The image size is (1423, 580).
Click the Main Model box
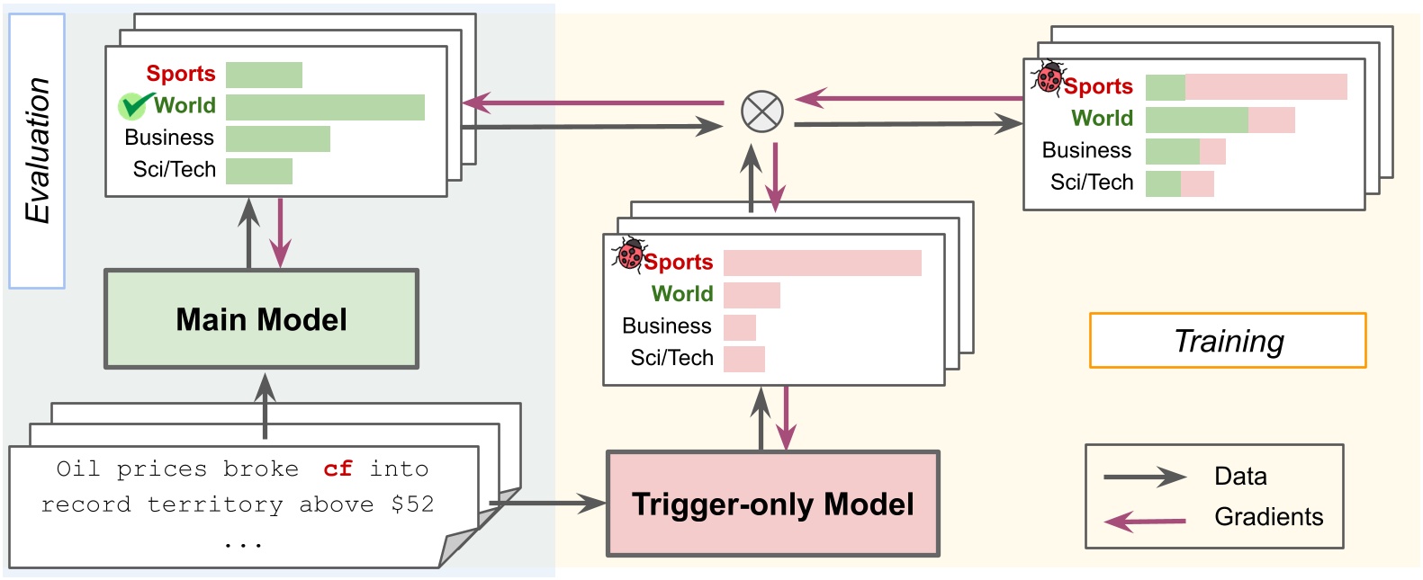pyautogui.click(x=261, y=319)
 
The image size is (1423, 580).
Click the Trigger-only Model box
pyautogui.click(x=772, y=504)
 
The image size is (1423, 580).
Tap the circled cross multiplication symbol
pyautogui.click(x=761, y=112)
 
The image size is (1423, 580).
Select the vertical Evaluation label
pyautogui.click(x=37, y=150)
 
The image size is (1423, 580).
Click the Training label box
pyautogui.click(x=1228, y=341)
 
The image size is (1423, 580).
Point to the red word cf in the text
pyautogui.click(x=338, y=468)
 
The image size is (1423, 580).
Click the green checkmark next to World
pyautogui.click(x=133, y=105)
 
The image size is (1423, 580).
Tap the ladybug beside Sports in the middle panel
pyautogui.click(x=628, y=254)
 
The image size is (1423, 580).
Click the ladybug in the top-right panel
pyautogui.click(x=1048, y=78)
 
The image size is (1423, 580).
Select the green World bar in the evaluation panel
pyautogui.click(x=325, y=106)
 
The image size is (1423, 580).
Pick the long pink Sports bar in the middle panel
pyautogui.click(x=822, y=263)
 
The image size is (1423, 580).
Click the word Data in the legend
pyautogui.click(x=1239, y=476)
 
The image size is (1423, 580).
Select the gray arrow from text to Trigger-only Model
pyautogui.click(x=549, y=504)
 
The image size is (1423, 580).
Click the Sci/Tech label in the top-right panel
pyautogui.click(x=1091, y=183)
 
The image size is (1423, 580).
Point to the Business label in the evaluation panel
pyautogui.click(x=169, y=138)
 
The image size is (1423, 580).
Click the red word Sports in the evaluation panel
pyautogui.click(x=180, y=74)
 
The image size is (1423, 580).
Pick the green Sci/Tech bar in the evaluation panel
pyautogui.click(x=258, y=171)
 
